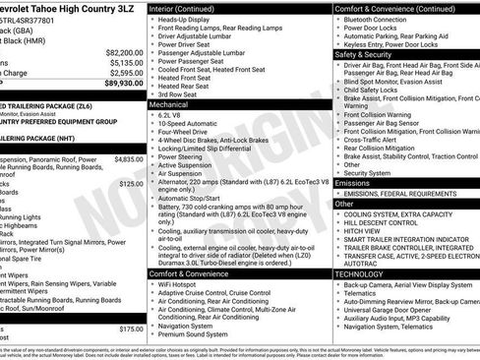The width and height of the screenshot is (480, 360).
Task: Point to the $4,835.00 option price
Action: point(128,158)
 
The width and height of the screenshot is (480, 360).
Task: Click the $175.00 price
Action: point(131,330)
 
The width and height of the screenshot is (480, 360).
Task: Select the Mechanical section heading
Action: point(169,102)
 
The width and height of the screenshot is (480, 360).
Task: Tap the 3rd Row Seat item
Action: point(184,94)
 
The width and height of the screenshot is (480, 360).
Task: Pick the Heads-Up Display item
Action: point(190,20)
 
